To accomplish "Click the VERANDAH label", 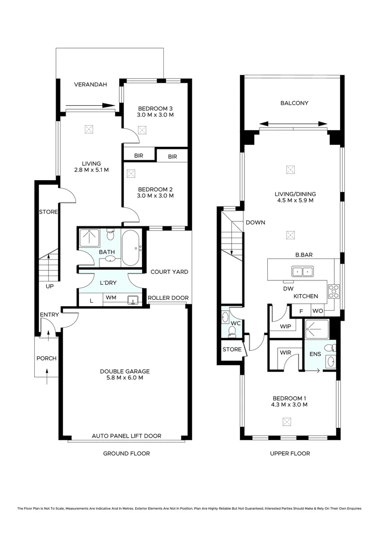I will [90, 85].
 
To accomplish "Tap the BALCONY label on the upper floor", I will [294, 103].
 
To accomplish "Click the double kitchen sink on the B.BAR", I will [302, 271].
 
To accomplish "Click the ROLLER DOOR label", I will [168, 298].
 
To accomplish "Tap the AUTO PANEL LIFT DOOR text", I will [126, 436].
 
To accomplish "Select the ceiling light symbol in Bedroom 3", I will [143, 131].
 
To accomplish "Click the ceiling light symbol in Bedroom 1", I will [287, 422].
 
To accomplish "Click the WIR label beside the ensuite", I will [285, 352].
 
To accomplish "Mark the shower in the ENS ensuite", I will [316, 327].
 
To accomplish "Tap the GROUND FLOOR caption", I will [126, 453].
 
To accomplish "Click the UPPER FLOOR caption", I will [290, 453].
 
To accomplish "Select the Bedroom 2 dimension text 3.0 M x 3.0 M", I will [155, 196].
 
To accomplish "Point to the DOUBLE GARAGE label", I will [125, 371].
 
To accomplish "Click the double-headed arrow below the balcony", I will [294, 124].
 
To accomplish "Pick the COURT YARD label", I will [169, 272].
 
